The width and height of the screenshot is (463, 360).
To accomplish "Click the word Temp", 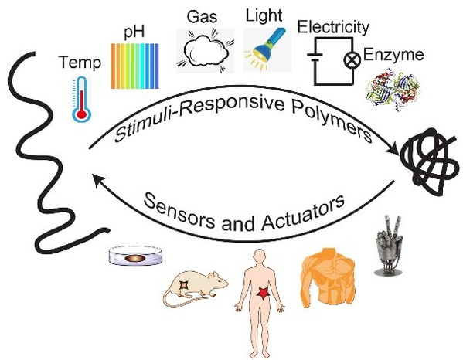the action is click(80, 63).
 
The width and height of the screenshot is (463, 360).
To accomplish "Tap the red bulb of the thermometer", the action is click(81, 114).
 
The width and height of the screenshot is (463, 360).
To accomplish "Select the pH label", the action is click(134, 32).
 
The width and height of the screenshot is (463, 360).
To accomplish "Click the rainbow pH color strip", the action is click(135, 66).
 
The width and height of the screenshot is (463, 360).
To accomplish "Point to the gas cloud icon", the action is click(206, 51).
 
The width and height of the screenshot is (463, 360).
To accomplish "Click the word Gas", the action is click(202, 16).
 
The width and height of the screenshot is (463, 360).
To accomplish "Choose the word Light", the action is click(264, 15).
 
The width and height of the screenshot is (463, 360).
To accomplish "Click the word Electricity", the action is click(333, 27).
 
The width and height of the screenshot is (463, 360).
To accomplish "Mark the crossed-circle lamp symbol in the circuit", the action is click(352, 60).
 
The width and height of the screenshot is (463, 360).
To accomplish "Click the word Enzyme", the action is click(393, 55).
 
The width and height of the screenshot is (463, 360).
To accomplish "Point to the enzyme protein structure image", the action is click(392, 90).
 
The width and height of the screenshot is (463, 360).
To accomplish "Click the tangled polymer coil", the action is click(430, 161).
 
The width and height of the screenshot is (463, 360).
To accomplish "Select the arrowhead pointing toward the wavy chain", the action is click(98, 180).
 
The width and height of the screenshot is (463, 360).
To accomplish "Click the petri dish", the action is click(135, 256).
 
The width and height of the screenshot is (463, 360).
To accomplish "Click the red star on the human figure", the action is click(262, 294).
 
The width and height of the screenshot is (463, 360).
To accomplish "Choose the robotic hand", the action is click(388, 245).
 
